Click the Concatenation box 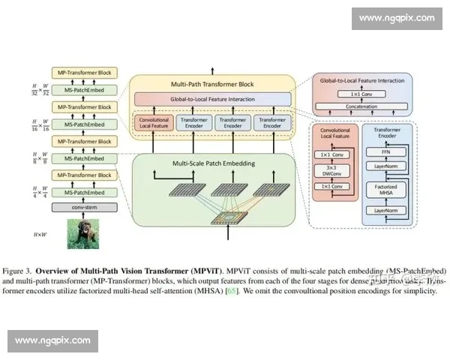click(362, 106)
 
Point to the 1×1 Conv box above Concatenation click(362, 94)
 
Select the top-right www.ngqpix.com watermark click(396, 17)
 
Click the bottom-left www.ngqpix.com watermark click(53, 340)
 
